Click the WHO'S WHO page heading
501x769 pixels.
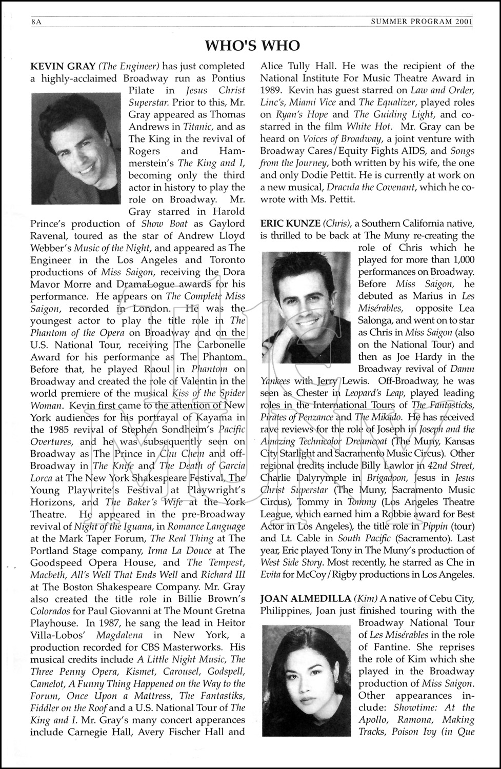pos(252,46)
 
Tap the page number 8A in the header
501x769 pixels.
pos(35,22)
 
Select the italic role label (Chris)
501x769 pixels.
pos(336,224)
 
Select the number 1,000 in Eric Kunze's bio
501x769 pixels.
pos(464,260)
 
